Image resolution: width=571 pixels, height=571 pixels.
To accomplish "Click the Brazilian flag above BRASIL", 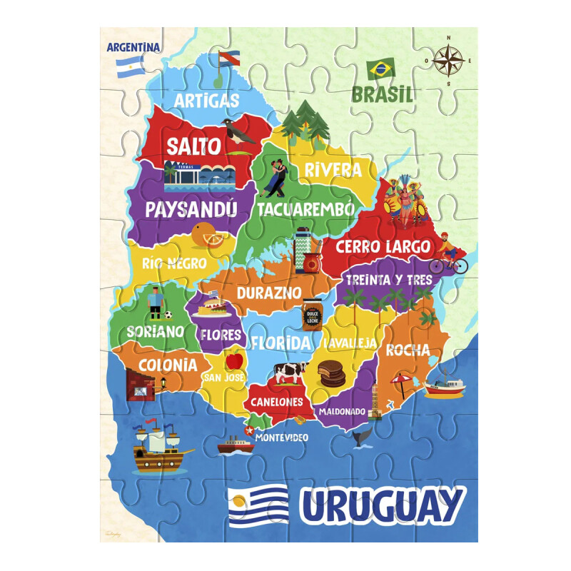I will tap(380, 69).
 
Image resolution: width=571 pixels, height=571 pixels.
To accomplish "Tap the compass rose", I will tap(448, 61).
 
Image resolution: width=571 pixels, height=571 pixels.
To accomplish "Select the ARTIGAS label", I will tap(206, 100).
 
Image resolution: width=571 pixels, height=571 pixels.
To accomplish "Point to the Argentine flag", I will tap(130, 66).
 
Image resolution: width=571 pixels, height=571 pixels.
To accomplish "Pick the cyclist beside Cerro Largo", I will tap(451, 254).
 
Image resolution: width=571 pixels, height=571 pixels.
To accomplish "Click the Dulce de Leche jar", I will tap(312, 314).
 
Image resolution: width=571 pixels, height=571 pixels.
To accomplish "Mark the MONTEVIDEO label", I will tap(281, 437).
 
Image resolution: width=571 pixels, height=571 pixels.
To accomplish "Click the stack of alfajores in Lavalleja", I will tap(331, 373).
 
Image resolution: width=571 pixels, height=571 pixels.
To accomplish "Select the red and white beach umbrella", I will tap(402, 383).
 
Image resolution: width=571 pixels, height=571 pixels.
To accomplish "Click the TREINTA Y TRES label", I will tap(388, 280).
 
